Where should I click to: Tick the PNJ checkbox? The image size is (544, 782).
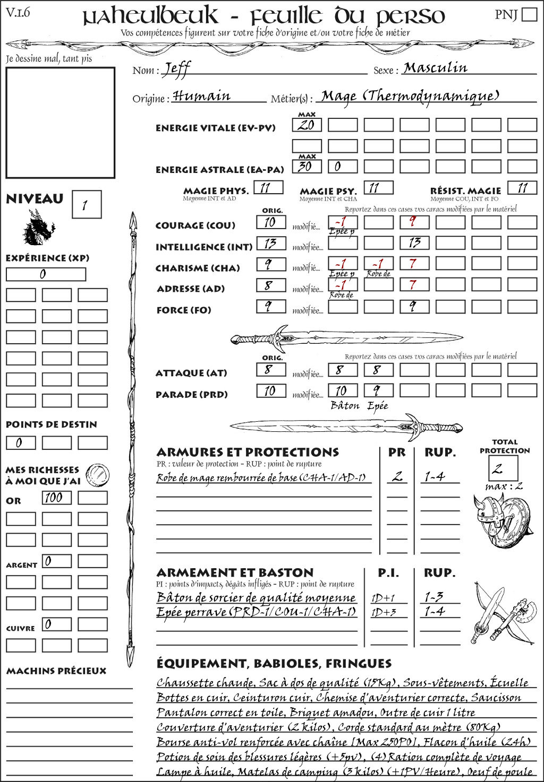[x=529, y=14]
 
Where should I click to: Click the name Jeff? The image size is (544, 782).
[x=176, y=69]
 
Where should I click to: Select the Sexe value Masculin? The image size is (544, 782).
[x=436, y=68]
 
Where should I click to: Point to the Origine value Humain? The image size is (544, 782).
[x=201, y=97]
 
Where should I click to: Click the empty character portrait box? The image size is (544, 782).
[x=60, y=123]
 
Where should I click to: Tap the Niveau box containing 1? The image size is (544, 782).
[x=86, y=205]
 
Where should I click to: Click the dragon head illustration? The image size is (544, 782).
[x=38, y=228]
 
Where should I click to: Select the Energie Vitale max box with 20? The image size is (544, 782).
[x=307, y=125]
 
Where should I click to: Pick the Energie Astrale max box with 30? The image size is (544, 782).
[x=307, y=166]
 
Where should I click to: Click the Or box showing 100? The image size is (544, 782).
[x=56, y=498]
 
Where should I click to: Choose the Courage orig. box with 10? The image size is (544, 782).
[x=271, y=222]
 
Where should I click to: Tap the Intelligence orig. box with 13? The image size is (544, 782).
[x=271, y=244]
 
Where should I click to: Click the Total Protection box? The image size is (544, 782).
[x=503, y=468]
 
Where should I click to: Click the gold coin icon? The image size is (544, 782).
[x=98, y=475]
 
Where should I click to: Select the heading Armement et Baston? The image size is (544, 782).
[x=235, y=572]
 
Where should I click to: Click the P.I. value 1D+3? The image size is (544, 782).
[x=384, y=612]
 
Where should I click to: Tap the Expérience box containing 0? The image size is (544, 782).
[x=46, y=274]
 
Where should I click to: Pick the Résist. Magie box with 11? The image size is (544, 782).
[x=522, y=188]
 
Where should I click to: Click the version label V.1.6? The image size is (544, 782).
[x=18, y=12]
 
